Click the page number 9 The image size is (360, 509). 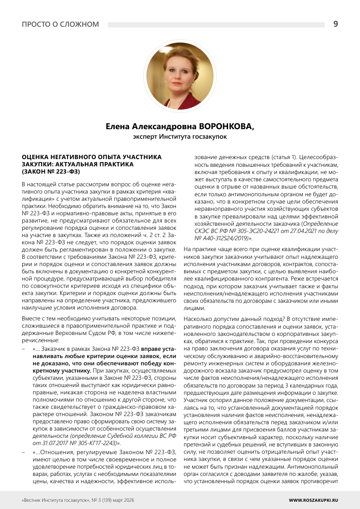click(x=335, y=24)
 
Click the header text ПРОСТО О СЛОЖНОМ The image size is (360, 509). click(x=60, y=24)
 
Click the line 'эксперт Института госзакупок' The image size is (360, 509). click(x=180, y=136)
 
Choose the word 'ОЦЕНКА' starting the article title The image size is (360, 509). click(x=35, y=157)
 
